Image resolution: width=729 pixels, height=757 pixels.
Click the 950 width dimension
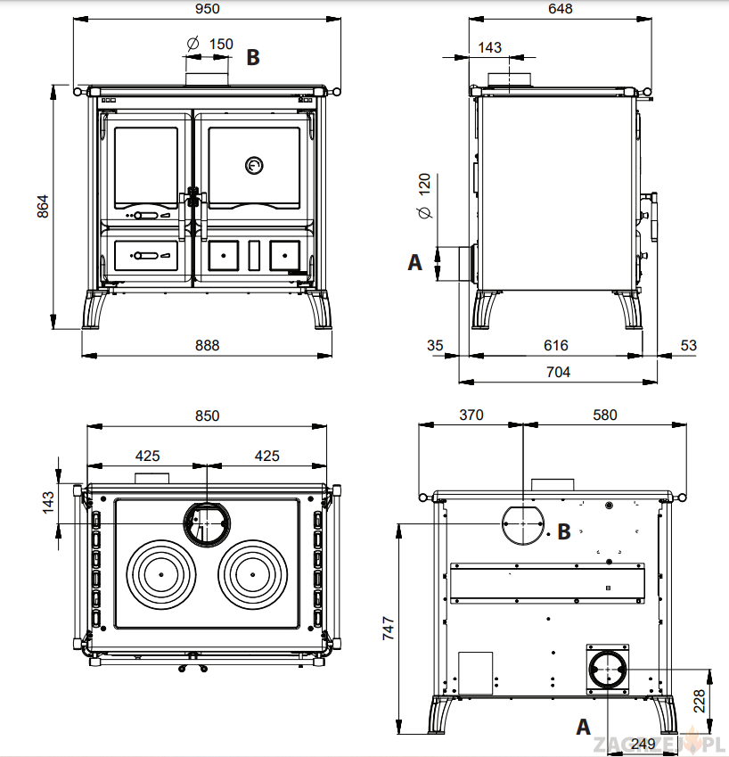pyautogui.click(x=206, y=9)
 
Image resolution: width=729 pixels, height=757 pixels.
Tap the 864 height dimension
pyautogui.click(x=42, y=206)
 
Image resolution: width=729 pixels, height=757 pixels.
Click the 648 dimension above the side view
pyautogui.click(x=561, y=9)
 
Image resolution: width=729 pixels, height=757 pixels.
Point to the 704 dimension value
pyautogui.click(x=558, y=373)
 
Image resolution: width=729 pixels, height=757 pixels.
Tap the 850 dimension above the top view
pyautogui.click(x=206, y=416)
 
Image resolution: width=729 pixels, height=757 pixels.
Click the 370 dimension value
pyautogui.click(x=471, y=415)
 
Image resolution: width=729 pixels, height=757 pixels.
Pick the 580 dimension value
pyautogui.click(x=604, y=415)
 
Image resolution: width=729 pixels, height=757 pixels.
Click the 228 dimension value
pyautogui.click(x=700, y=698)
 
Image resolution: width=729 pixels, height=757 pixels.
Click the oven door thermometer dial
pyautogui.click(x=254, y=165)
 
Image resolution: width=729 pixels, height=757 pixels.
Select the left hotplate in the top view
pyautogui.click(x=161, y=575)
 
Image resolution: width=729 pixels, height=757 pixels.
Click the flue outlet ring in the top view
pyautogui.click(x=206, y=522)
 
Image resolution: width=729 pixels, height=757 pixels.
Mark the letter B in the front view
pyautogui.click(x=253, y=57)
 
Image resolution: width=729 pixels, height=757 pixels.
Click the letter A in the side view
pyautogui.click(x=414, y=263)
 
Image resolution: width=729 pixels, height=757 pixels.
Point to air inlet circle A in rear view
pyautogui.click(x=607, y=670)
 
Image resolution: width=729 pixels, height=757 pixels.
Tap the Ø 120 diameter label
pyautogui.click(x=424, y=197)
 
